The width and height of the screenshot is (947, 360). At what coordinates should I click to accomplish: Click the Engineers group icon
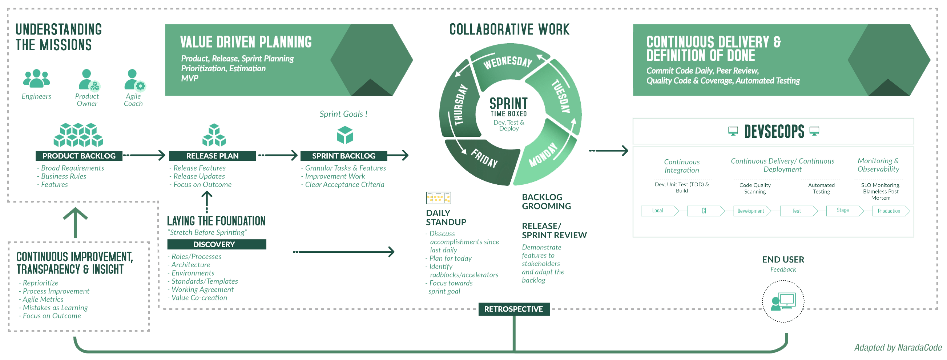(x=36, y=78)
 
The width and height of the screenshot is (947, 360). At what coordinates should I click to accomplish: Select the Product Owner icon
(x=89, y=80)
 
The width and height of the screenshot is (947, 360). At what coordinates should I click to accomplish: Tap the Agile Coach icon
(x=135, y=80)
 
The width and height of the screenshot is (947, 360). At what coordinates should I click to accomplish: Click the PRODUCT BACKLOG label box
(x=79, y=156)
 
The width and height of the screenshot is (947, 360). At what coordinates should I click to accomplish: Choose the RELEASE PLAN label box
(x=213, y=156)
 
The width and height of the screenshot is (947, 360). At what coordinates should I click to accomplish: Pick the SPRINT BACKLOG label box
(x=343, y=156)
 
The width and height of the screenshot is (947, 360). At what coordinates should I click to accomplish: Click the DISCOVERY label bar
(x=217, y=244)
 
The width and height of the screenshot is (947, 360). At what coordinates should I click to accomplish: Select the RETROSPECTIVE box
(x=513, y=309)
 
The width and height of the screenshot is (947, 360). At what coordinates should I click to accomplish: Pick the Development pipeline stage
(x=751, y=211)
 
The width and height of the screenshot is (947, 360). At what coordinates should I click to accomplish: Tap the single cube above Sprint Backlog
(x=345, y=135)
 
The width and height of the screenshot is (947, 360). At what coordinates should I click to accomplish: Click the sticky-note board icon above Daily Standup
(x=438, y=198)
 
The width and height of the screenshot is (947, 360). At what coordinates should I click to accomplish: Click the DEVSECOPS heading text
(x=774, y=131)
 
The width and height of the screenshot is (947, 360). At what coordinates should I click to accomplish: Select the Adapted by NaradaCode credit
(x=897, y=348)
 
